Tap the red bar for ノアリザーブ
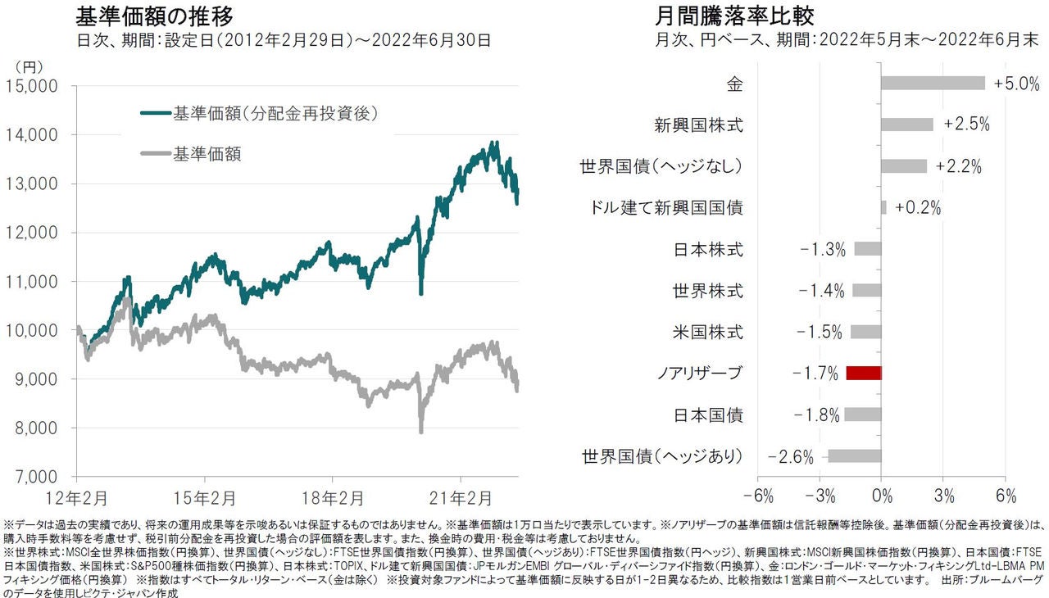tap(863, 374)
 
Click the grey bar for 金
tap(933, 84)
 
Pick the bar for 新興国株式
tap(907, 125)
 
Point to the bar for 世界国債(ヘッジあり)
tap(854, 456)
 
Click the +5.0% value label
tap(1015, 84)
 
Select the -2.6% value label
tap(791, 457)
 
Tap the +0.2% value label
tap(918, 208)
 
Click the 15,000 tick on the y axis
tap(30, 86)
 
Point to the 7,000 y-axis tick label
tap(33, 477)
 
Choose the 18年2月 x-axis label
tap(332, 497)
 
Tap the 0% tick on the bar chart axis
tap(881, 496)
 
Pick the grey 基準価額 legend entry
tap(207, 153)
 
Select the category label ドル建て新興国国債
tap(666, 208)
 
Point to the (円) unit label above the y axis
tap(30, 65)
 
